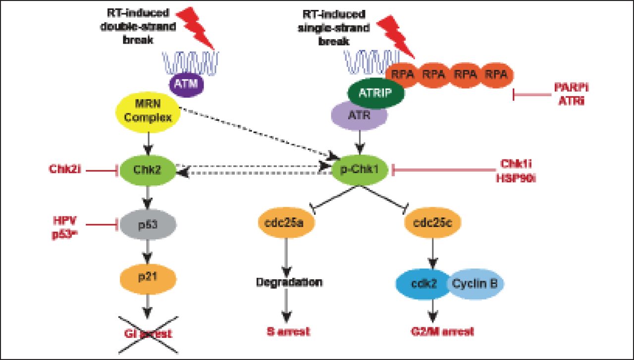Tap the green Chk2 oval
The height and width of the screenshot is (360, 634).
pos(147,170)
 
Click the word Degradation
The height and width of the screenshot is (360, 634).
pos(289,282)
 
